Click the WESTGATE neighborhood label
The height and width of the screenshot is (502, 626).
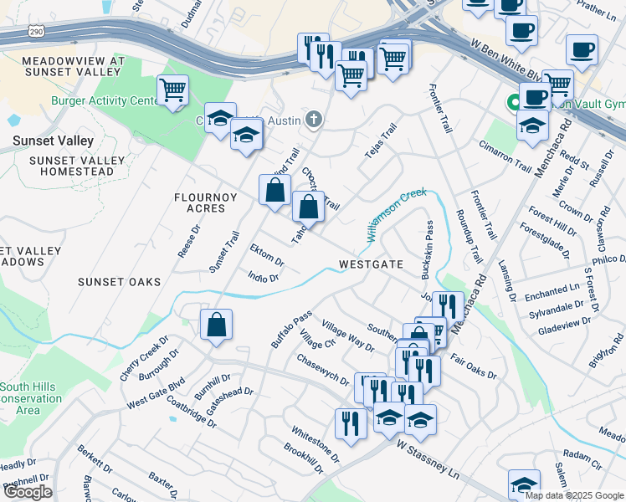371,264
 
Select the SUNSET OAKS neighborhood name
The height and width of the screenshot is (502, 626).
119,282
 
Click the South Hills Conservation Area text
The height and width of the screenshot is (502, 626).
31,398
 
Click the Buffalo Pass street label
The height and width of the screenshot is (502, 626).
290,329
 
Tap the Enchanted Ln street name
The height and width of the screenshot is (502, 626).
552,288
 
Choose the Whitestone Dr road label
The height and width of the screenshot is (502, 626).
315,444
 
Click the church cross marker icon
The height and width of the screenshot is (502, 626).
314,120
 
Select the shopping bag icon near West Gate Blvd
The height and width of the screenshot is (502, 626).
216,325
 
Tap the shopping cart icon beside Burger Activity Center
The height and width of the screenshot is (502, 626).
172,90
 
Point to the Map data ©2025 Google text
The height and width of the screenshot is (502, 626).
574,495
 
